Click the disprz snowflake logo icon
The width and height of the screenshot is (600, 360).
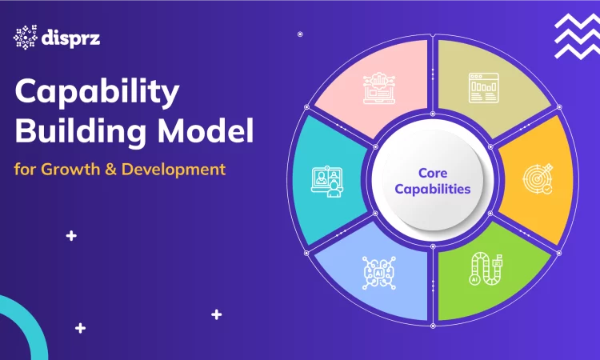click(x=26, y=37)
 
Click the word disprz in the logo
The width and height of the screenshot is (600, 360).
click(x=70, y=38)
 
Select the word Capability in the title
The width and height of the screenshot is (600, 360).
click(x=97, y=93)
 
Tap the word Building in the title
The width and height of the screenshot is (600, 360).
click(x=81, y=131)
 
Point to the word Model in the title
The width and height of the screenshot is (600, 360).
click(x=206, y=130)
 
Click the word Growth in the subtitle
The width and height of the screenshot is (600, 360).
click(x=70, y=169)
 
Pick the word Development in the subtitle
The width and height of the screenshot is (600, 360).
click(x=174, y=170)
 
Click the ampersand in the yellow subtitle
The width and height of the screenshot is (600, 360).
click(x=110, y=170)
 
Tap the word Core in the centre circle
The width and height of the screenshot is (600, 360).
click(x=433, y=173)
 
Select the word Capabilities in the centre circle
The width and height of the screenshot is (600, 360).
click(x=432, y=189)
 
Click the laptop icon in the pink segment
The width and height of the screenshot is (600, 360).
click(x=379, y=88)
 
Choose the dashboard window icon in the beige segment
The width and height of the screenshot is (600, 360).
click(x=484, y=88)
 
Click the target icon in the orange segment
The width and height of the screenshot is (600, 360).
click(x=538, y=178)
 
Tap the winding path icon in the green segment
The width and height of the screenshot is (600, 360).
click(x=486, y=269)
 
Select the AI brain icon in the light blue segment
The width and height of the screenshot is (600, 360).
click(x=379, y=273)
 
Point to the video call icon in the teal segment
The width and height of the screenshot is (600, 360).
click(x=327, y=182)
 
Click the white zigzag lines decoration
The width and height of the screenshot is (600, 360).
click(x=578, y=36)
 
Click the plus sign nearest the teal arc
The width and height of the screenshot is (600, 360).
click(x=80, y=328)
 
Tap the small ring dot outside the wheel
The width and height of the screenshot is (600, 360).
click(x=300, y=34)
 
